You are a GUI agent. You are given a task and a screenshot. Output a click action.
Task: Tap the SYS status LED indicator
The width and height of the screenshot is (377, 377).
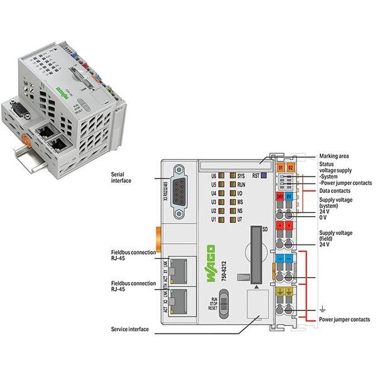(232, 176)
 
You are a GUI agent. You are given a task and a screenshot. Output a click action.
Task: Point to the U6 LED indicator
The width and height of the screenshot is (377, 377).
(222, 176)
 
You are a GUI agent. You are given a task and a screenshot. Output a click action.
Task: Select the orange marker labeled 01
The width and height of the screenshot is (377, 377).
(281, 167)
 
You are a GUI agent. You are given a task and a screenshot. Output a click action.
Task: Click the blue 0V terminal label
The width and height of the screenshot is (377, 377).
(289, 197)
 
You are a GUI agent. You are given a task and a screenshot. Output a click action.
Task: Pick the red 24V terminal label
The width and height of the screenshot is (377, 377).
(280, 197)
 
